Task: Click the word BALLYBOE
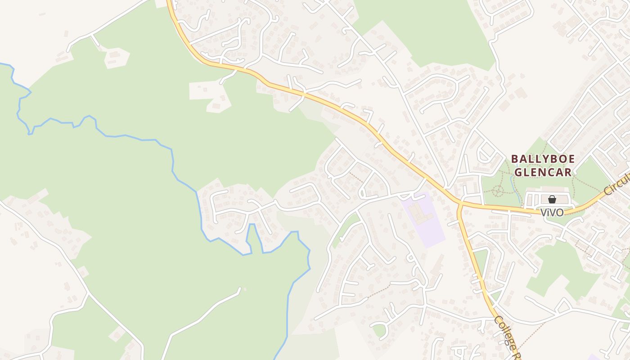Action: (x=543, y=159)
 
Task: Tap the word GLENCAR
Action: (x=543, y=172)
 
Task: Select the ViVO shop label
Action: (x=552, y=212)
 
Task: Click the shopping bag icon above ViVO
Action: (x=552, y=199)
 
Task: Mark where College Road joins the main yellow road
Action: (x=460, y=205)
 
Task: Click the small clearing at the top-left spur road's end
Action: (x=117, y=58)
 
